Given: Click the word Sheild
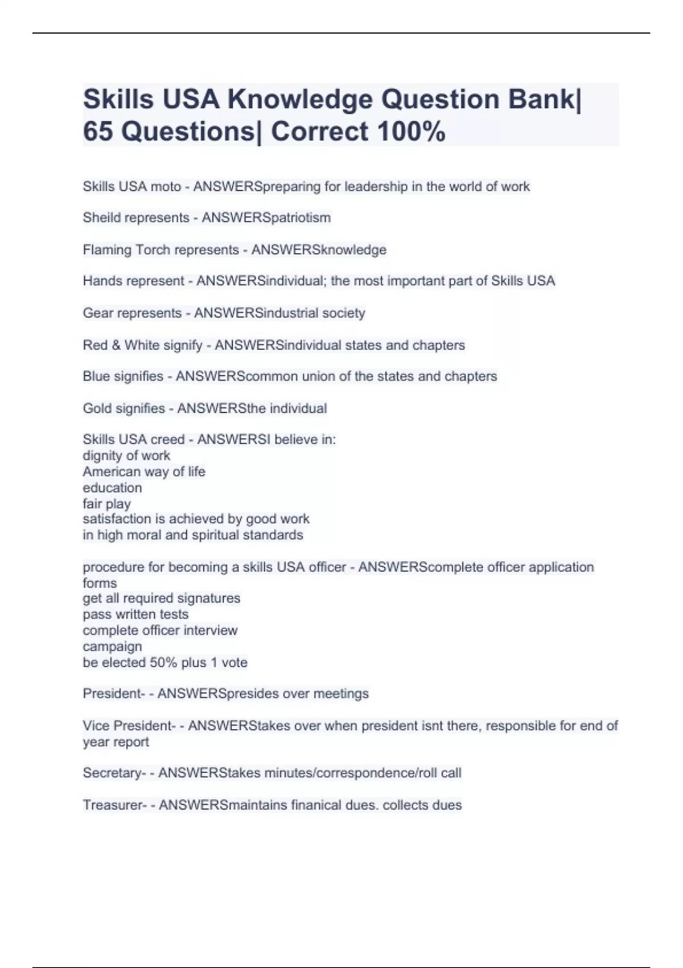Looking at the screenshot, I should point(103,218).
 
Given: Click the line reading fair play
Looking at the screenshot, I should point(106,504).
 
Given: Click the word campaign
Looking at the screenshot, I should point(112,647).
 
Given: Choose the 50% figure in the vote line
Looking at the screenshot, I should point(163,663).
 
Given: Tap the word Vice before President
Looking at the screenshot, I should point(96,726).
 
